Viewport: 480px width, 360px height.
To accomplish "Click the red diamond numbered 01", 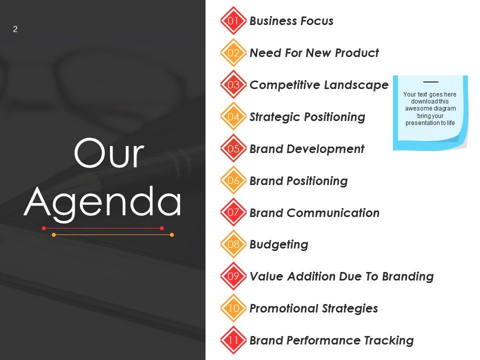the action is pyautogui.click(x=233, y=20).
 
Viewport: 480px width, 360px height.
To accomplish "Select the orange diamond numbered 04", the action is pyautogui.click(x=233, y=116).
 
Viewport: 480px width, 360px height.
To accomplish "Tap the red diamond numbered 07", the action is pyautogui.click(x=233, y=212).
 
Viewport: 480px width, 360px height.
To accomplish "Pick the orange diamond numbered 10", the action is pyautogui.click(x=233, y=308).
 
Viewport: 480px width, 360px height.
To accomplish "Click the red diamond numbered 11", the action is pyautogui.click(x=233, y=340).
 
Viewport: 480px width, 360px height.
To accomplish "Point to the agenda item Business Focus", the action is pyautogui.click(x=291, y=21).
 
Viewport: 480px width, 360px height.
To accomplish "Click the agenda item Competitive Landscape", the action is pyautogui.click(x=319, y=85).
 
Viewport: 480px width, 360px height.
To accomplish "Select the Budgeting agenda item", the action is pyautogui.click(x=279, y=244).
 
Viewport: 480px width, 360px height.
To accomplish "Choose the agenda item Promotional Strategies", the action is pyautogui.click(x=314, y=308).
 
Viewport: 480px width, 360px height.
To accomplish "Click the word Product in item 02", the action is pyautogui.click(x=356, y=52).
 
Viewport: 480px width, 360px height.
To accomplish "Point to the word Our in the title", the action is pyautogui.click(x=108, y=153).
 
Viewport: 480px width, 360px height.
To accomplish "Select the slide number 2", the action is pyautogui.click(x=15, y=29).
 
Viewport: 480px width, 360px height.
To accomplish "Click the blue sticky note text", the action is pyautogui.click(x=430, y=108).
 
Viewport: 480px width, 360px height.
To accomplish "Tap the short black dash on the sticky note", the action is pyautogui.click(x=430, y=81).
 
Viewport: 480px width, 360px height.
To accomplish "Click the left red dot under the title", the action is pyautogui.click(x=44, y=228).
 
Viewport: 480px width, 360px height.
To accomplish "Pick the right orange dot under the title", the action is pyautogui.click(x=171, y=235).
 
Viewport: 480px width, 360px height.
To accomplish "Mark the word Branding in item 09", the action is pyautogui.click(x=408, y=276).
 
